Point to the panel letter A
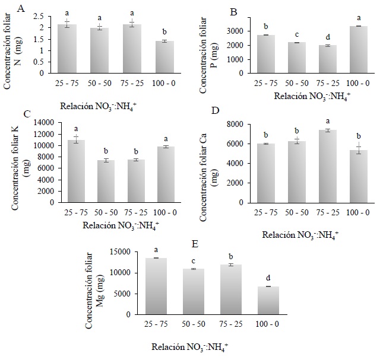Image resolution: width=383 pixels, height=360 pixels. coord(21,8)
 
